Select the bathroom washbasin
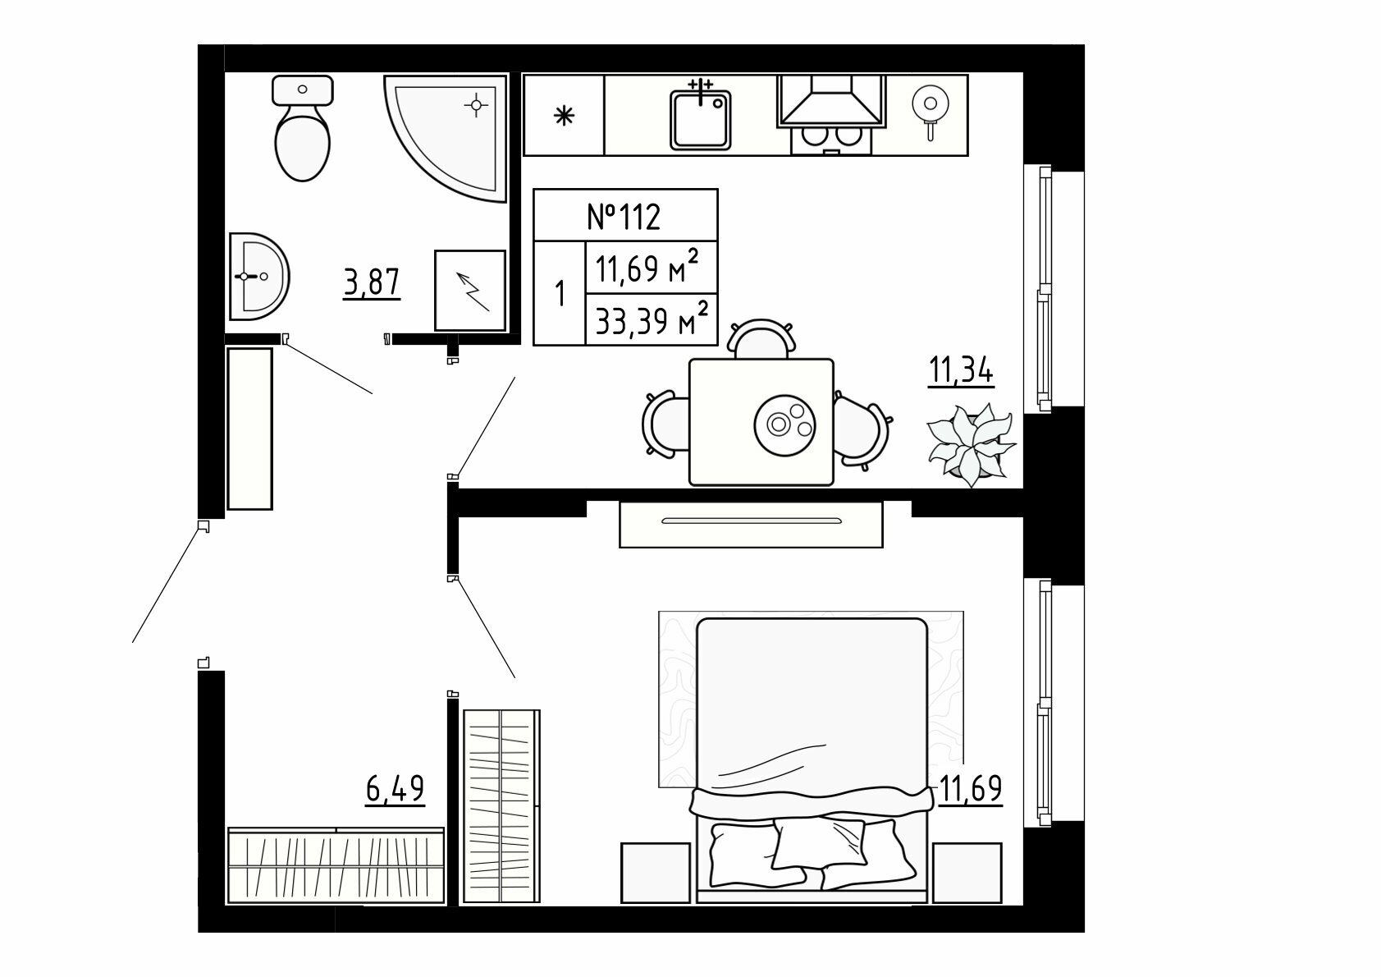point(258,277)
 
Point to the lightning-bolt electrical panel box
point(470,290)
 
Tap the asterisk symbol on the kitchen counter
point(564,115)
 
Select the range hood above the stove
point(832,101)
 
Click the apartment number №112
point(624,217)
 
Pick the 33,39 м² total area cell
point(652,319)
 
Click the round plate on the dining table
point(784,425)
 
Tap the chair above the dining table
point(761,338)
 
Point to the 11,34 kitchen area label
point(961,372)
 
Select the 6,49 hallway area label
point(396,789)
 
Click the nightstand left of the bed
point(656,873)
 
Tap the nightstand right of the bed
point(967,873)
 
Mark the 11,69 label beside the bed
point(971,789)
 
